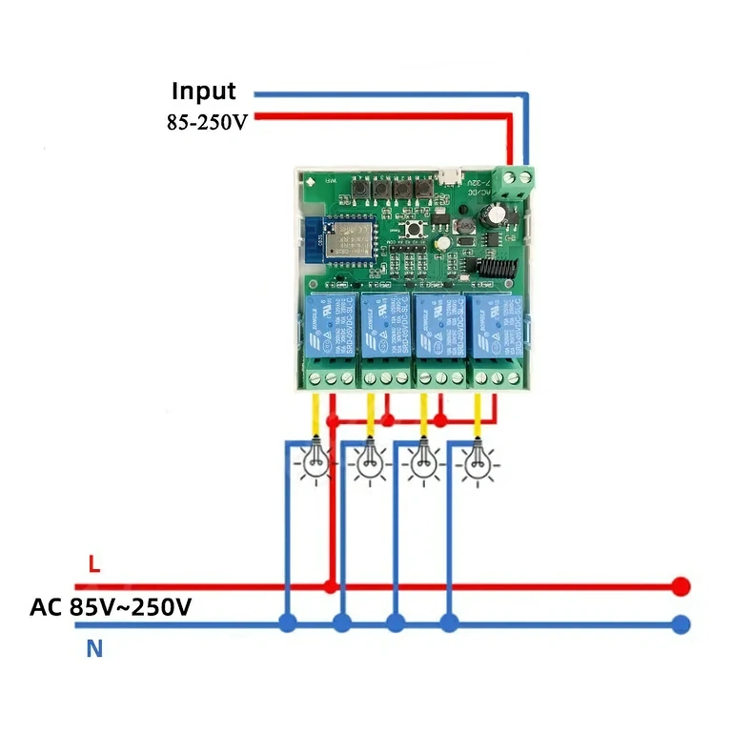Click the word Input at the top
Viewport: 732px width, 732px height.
click(203, 91)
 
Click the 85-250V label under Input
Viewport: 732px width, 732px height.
click(206, 123)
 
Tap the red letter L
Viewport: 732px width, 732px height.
click(93, 564)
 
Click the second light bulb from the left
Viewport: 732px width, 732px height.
click(367, 462)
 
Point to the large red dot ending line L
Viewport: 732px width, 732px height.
click(680, 585)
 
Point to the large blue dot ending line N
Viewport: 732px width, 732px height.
click(680, 624)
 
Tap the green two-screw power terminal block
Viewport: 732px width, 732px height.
click(516, 177)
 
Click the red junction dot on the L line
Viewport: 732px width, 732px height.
click(330, 585)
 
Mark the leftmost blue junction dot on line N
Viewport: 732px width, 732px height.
click(286, 624)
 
